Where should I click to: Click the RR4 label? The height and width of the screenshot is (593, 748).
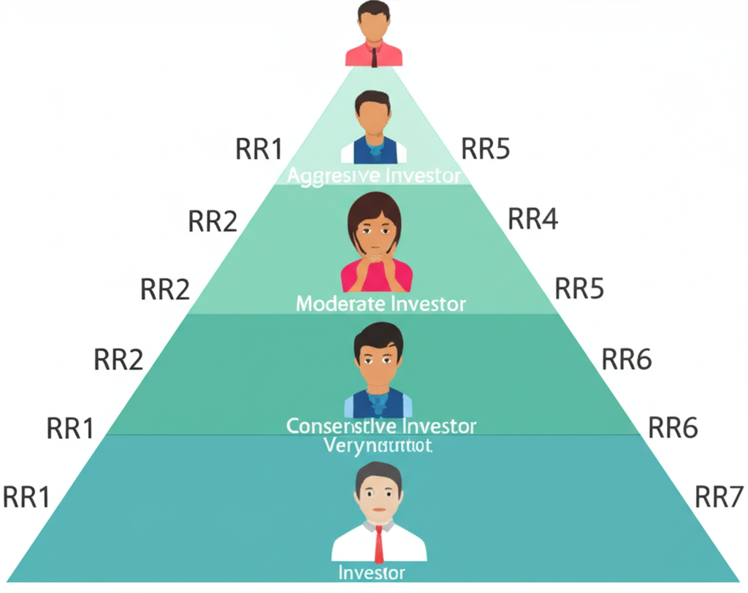pos(533,219)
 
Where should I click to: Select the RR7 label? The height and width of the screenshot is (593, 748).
pos(719,497)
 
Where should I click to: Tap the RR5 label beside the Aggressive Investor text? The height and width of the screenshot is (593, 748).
pos(486,149)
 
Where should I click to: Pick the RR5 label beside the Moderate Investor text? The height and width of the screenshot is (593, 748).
pos(580,289)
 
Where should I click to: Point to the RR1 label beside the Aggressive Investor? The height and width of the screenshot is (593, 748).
pos(259,149)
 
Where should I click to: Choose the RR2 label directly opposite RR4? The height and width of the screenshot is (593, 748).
pos(213,221)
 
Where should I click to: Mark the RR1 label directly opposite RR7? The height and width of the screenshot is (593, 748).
pos(26,497)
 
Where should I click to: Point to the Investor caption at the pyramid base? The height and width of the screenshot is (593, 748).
pos(372,572)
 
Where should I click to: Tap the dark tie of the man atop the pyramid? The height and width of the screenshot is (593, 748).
pos(374,57)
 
